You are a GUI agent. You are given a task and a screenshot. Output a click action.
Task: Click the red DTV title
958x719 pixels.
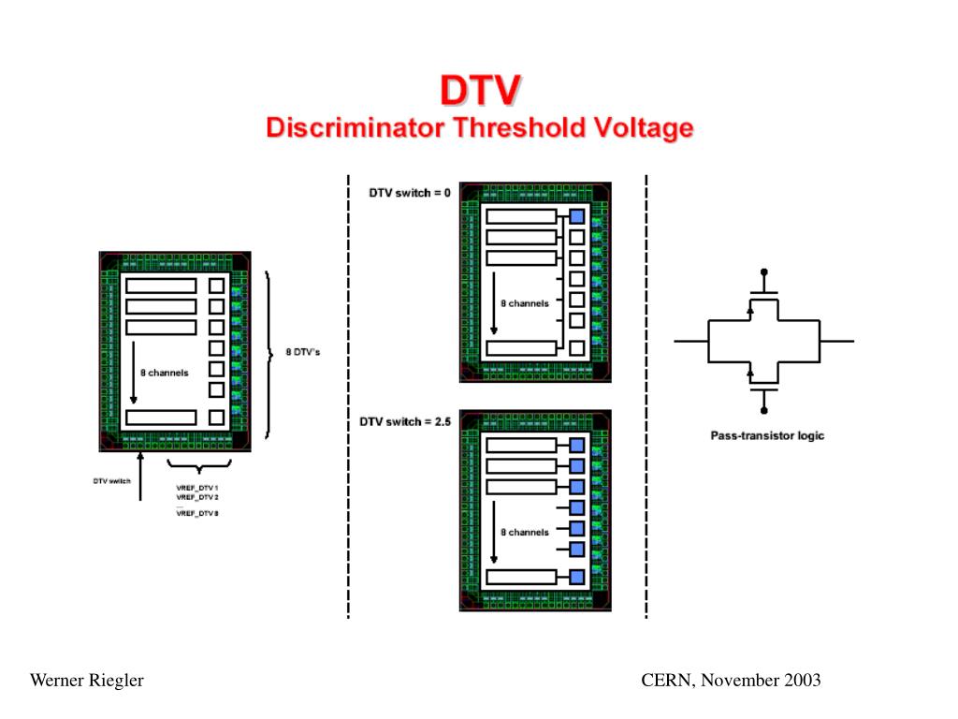point(481,91)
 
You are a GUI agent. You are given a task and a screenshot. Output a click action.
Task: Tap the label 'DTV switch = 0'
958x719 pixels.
point(410,193)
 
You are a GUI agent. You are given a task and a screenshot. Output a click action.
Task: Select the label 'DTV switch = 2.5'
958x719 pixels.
point(405,422)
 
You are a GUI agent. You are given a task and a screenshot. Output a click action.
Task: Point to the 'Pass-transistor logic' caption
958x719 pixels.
point(766,435)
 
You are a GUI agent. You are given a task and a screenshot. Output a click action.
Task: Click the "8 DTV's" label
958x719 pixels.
point(302,353)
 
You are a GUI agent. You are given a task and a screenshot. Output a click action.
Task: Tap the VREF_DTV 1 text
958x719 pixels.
point(196,488)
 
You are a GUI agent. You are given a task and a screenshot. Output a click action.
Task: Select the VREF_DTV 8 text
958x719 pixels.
point(196,514)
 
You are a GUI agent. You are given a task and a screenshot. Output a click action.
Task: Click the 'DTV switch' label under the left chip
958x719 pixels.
point(111,481)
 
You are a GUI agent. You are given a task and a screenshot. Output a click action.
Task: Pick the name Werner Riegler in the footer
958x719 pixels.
point(87,681)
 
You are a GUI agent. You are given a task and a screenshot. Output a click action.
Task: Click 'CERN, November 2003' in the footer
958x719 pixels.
point(731,681)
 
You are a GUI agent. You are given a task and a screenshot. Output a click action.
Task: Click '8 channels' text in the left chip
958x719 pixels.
point(164,373)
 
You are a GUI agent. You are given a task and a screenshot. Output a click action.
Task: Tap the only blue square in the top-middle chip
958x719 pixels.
point(577,216)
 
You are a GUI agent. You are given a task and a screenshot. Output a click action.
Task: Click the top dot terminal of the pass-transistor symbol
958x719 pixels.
point(764,271)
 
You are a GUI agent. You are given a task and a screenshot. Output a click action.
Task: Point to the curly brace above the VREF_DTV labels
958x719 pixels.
point(199,468)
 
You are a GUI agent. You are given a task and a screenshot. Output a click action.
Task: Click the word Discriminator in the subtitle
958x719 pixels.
point(355,127)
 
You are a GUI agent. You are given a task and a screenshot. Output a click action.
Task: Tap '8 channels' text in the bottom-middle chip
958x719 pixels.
point(525,532)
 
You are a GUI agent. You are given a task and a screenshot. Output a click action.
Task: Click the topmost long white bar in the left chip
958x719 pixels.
point(161,286)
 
